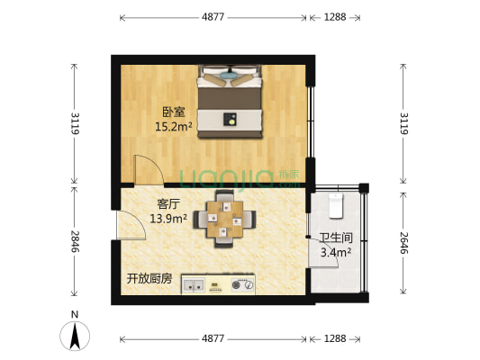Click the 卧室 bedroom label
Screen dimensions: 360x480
(x=174, y=112)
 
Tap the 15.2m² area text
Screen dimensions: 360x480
(x=174, y=127)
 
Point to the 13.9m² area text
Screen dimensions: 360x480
(x=169, y=218)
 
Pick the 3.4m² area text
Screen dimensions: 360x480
(x=336, y=253)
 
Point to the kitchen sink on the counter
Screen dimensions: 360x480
(x=194, y=286)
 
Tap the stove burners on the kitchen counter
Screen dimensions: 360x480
(x=242, y=286)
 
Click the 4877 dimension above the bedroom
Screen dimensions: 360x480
(x=213, y=17)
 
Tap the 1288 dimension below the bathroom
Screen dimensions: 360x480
(x=334, y=338)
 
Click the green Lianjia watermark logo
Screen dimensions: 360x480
(x=231, y=177)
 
